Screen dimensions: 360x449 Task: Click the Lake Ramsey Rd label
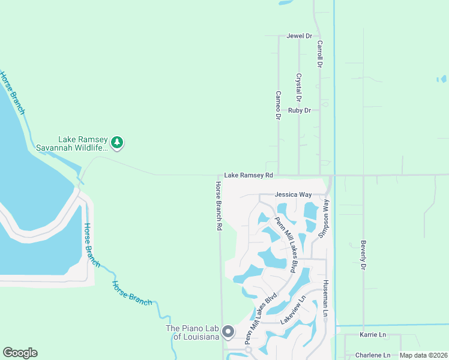click(x=249, y=175)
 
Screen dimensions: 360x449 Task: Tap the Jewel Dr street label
click(x=300, y=36)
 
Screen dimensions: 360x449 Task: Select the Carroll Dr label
click(x=320, y=53)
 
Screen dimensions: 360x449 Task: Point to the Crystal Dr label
click(x=298, y=87)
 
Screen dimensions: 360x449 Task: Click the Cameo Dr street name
click(x=278, y=105)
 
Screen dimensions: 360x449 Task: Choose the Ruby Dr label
click(x=300, y=110)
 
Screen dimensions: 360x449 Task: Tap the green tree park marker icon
click(x=118, y=142)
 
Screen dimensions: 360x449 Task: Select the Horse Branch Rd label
click(x=218, y=207)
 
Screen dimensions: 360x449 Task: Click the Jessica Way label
click(x=293, y=195)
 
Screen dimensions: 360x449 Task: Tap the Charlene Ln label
click(x=373, y=355)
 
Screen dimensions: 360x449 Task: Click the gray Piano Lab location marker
click(x=228, y=331)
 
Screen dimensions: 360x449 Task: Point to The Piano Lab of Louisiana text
click(x=192, y=332)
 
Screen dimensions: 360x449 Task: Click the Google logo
click(x=20, y=353)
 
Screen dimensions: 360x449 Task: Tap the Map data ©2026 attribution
click(x=423, y=355)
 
